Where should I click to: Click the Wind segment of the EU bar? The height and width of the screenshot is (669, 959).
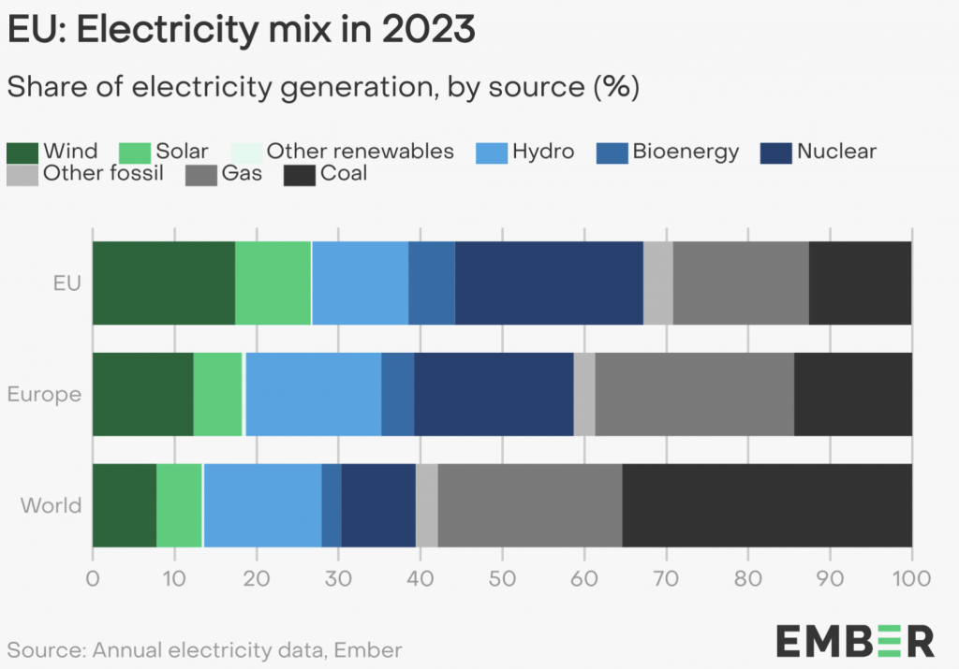[163, 283]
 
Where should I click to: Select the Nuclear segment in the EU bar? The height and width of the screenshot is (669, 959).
[549, 283]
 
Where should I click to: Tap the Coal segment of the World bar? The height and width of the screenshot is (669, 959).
[767, 505]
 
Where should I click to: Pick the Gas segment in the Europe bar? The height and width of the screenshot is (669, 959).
[694, 394]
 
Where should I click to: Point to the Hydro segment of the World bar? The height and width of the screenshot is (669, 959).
[262, 505]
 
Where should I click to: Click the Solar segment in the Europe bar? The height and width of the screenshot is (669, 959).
[217, 394]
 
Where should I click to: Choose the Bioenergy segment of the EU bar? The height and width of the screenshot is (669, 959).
[432, 283]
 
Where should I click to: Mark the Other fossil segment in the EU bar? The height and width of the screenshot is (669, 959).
[658, 283]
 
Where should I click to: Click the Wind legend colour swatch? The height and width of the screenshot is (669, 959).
[22, 153]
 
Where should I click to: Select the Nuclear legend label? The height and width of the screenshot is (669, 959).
[836, 152]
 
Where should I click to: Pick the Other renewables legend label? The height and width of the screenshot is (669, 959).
[360, 152]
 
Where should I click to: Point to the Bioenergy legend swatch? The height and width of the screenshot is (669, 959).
[612, 153]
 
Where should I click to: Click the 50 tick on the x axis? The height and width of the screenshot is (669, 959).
[502, 577]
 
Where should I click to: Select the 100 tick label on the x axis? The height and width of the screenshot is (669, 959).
[911, 577]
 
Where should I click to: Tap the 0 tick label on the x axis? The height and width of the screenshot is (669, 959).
[92, 577]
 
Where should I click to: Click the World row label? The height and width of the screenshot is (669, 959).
[52, 506]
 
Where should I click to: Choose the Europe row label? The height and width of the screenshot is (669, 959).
[45, 394]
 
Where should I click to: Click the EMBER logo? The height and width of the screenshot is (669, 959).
[854, 641]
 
